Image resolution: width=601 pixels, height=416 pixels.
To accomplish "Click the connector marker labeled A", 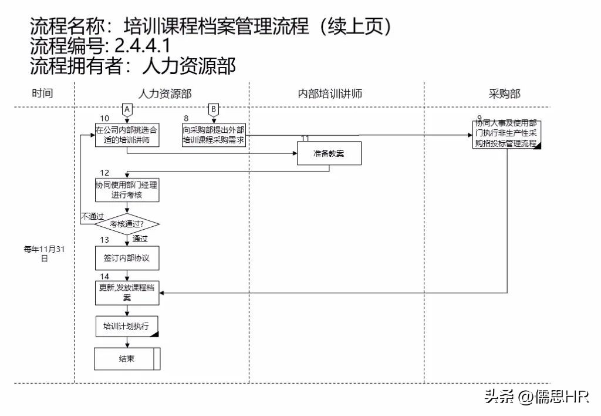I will (x=127, y=109).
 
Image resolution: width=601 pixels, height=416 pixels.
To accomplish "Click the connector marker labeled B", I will (x=214, y=109).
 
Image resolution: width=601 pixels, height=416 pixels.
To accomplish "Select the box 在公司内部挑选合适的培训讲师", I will (x=127, y=135).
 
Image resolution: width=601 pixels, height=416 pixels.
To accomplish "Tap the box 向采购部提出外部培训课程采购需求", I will (x=214, y=135).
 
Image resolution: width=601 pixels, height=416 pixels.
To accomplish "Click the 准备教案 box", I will (x=329, y=155).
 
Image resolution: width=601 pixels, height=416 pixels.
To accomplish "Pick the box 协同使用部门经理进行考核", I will (x=127, y=189).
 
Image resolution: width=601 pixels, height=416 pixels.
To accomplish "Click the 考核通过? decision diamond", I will (x=127, y=224).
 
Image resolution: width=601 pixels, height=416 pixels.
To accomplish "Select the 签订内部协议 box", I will (x=127, y=257).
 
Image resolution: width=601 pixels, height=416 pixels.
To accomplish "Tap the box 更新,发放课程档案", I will (x=127, y=293).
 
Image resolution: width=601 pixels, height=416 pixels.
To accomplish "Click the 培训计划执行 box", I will (x=127, y=327).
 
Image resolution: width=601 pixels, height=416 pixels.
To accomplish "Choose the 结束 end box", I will (x=127, y=358).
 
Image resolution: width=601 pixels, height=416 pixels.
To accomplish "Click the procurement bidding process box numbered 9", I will (x=507, y=135).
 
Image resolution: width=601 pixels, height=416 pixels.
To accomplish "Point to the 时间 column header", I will (x=42, y=93).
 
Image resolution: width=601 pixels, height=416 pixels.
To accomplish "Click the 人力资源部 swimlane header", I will (x=164, y=93).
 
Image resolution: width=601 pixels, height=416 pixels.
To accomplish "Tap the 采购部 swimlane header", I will (x=504, y=93).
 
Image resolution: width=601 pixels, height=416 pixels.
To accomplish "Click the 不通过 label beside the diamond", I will (x=92, y=216).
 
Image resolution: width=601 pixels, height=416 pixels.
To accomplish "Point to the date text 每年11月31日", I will (x=43, y=253).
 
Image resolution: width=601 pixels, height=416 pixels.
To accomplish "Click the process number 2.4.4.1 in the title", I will (x=139, y=46).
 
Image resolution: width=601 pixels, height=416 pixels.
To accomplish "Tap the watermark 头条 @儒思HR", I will (x=536, y=398).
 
